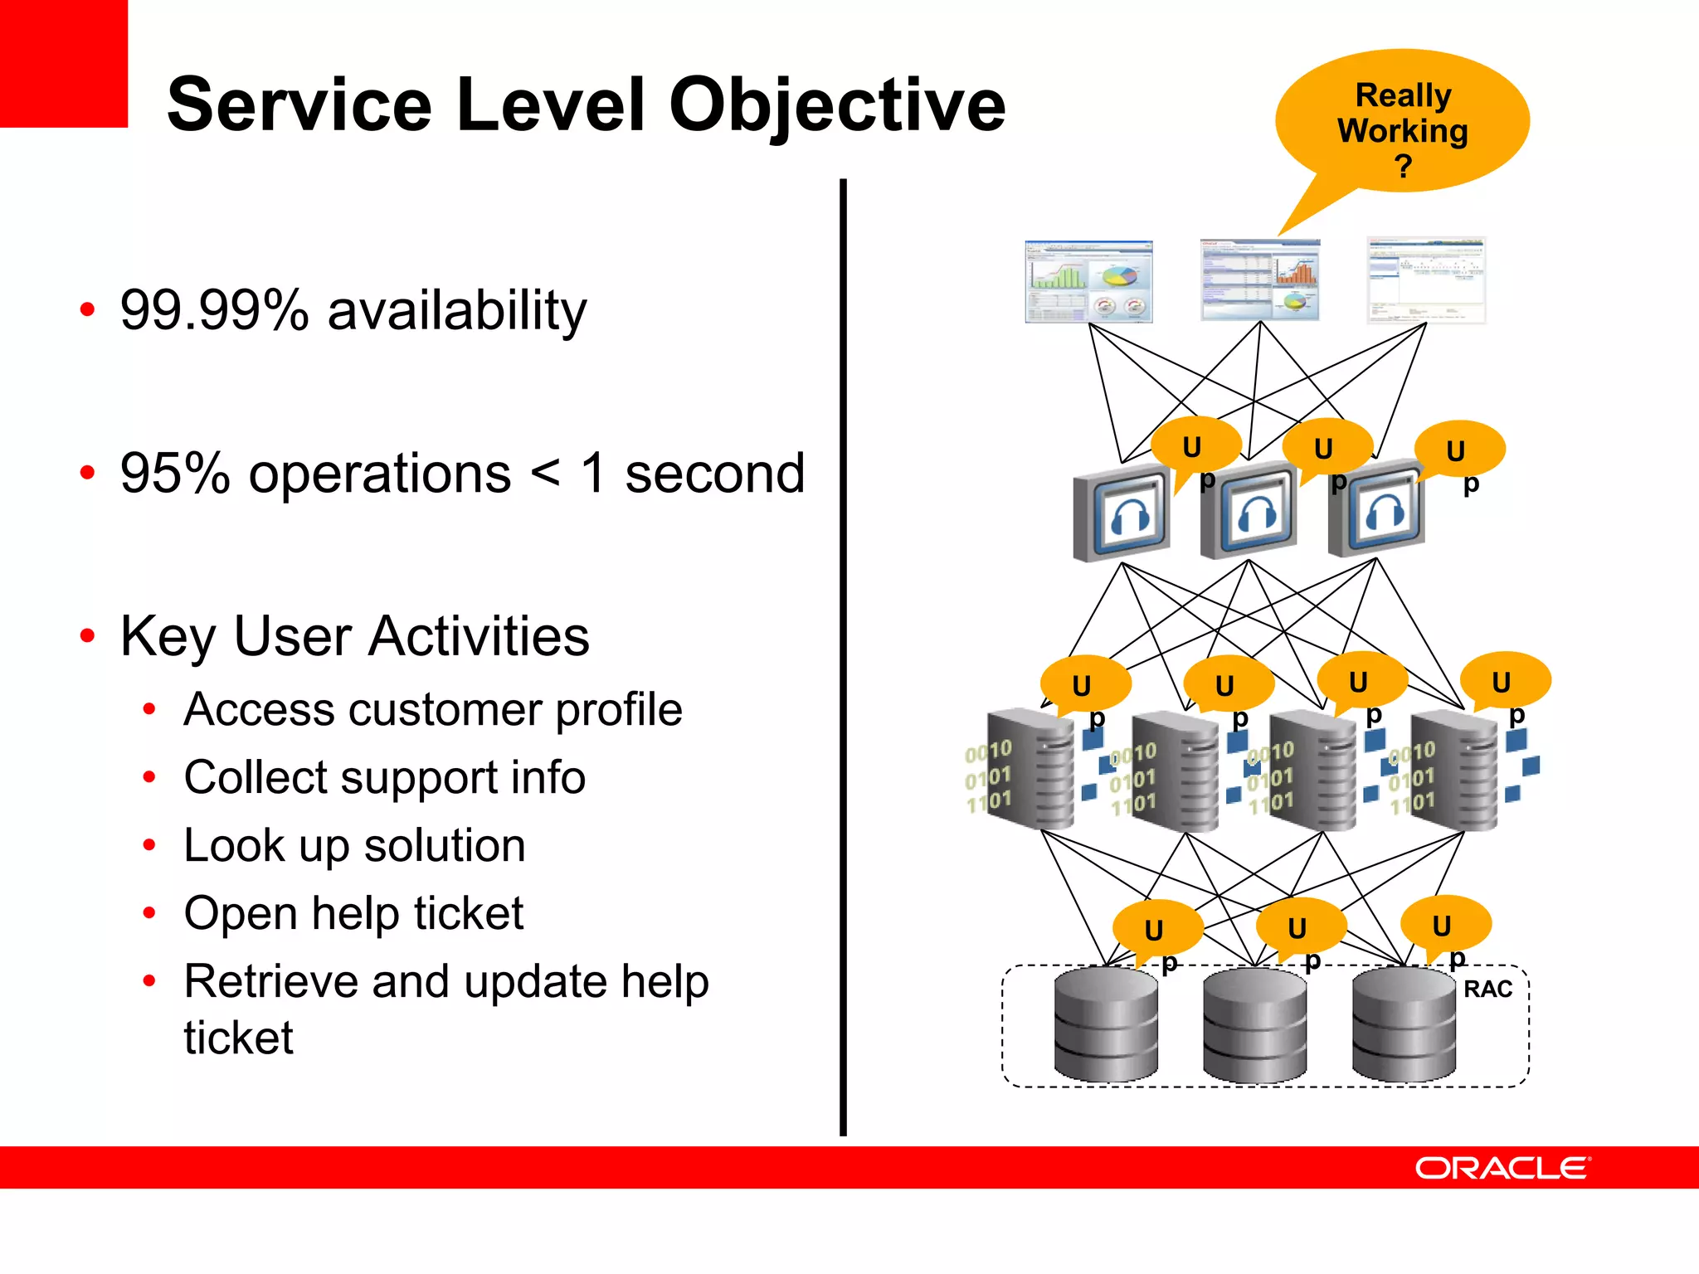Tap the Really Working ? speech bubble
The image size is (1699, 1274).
click(x=1402, y=124)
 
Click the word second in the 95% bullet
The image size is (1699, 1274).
click(x=714, y=474)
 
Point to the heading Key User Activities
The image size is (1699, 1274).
click(x=354, y=636)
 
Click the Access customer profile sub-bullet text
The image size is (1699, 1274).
click(x=432, y=710)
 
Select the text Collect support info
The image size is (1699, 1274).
click(x=384, y=778)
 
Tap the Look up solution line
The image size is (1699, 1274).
click(x=354, y=846)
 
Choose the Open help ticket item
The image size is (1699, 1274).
click(x=353, y=914)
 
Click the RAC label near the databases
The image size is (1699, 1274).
click(x=1487, y=989)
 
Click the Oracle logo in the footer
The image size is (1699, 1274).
click(x=1502, y=1168)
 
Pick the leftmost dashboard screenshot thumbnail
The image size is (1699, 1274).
click(x=1088, y=282)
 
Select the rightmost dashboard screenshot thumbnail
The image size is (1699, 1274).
click(x=1425, y=280)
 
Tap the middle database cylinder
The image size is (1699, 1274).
click(x=1254, y=1025)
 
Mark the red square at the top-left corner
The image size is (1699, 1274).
click(x=63, y=63)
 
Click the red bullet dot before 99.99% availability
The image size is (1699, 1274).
click(x=87, y=310)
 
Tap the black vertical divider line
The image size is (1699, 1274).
click(x=843, y=655)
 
